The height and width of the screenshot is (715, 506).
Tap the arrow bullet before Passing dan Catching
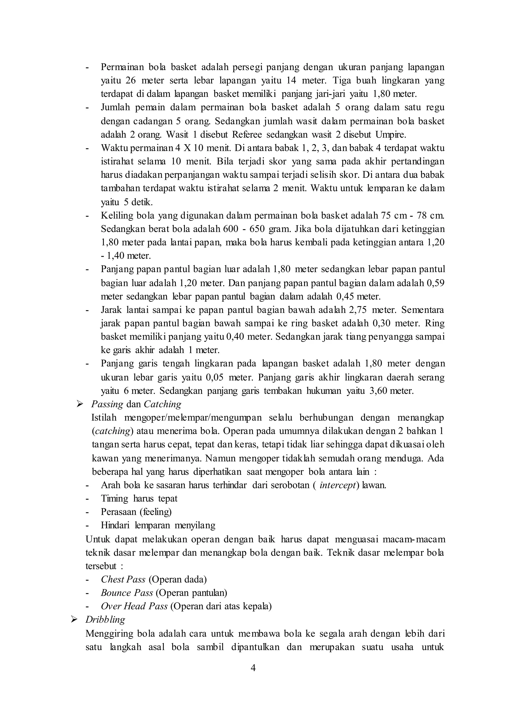[80, 404]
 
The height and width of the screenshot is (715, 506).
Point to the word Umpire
[391, 135]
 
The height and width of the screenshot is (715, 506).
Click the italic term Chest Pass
[123, 579]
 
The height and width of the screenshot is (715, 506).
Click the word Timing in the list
[114, 498]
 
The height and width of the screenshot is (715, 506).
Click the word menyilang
[195, 525]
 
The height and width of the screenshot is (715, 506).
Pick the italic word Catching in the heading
[162, 404]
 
